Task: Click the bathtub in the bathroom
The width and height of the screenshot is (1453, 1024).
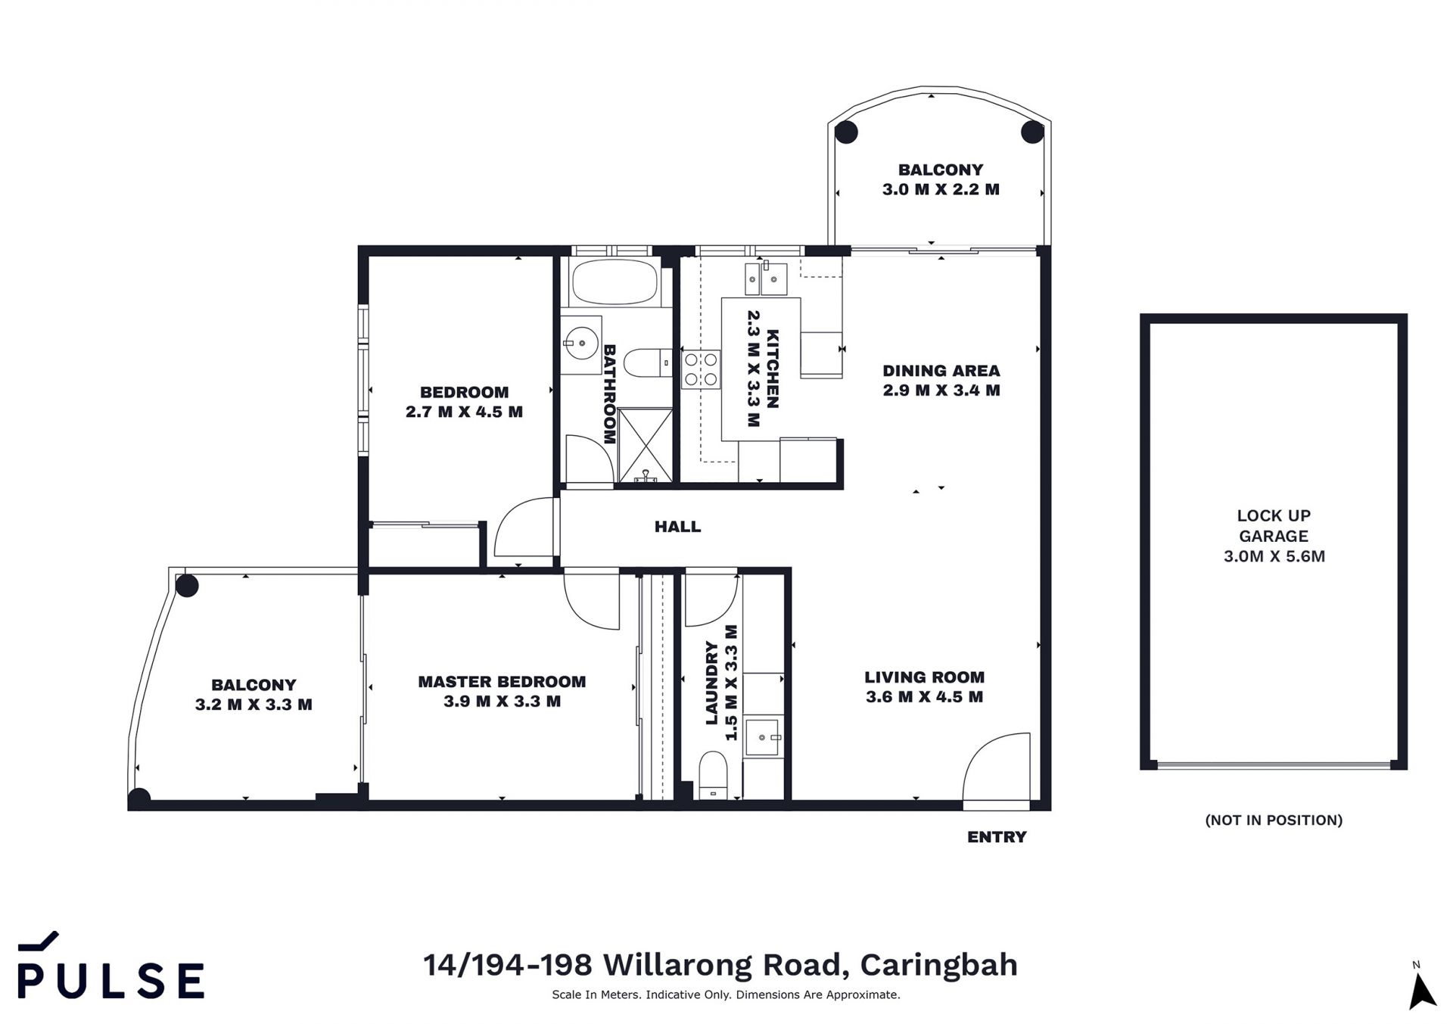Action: click(x=614, y=282)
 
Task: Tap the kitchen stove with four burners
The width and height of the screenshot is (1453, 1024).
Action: click(x=701, y=369)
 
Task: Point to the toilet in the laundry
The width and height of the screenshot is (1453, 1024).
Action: click(x=713, y=774)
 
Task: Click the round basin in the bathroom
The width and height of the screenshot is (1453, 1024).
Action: click(x=581, y=344)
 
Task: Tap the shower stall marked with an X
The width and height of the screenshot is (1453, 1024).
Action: click(x=645, y=445)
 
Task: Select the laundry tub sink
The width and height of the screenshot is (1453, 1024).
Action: click(x=762, y=737)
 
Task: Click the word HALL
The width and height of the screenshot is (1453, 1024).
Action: click(x=677, y=527)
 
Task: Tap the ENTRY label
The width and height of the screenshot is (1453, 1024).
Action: click(x=997, y=836)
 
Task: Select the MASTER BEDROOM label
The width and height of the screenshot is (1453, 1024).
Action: click(x=502, y=681)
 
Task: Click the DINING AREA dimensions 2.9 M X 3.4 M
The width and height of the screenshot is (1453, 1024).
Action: click(x=941, y=390)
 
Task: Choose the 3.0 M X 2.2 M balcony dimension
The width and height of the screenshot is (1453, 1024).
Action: click(x=941, y=189)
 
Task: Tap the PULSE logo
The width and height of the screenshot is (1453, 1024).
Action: click(x=110, y=966)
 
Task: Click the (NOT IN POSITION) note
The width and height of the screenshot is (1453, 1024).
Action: click(x=1274, y=820)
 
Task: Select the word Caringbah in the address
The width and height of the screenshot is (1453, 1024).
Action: click(x=938, y=965)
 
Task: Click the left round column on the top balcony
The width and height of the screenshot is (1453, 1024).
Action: click(x=846, y=132)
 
